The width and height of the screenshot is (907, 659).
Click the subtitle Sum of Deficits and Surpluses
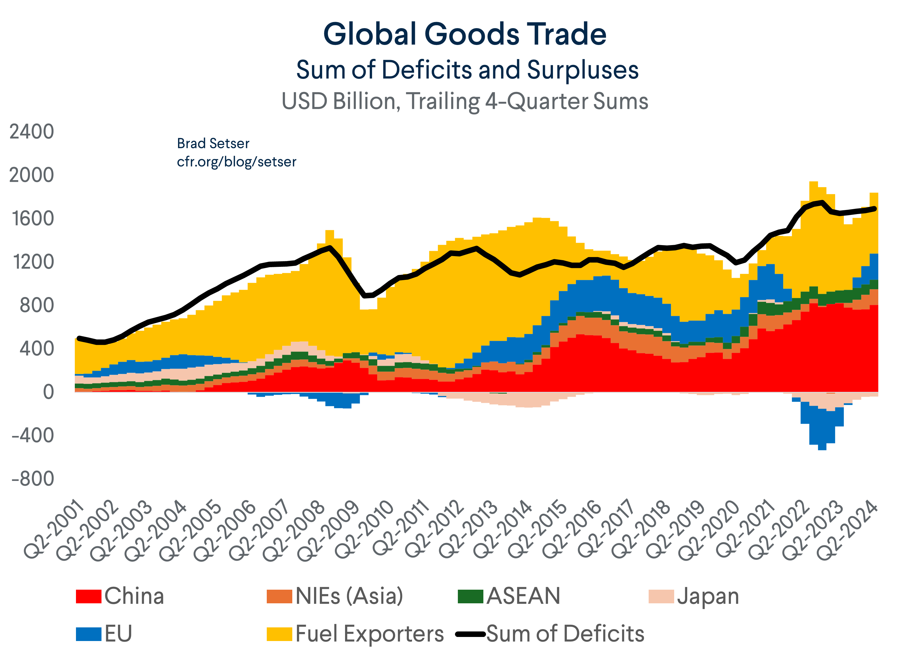(x=467, y=70)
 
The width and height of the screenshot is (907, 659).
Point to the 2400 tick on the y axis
(x=32, y=132)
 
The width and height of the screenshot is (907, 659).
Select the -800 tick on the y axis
(x=33, y=479)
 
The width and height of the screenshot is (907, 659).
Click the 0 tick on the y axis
(x=48, y=392)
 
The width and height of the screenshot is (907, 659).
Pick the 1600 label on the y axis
(x=33, y=219)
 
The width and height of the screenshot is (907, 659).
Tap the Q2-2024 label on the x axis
(x=847, y=531)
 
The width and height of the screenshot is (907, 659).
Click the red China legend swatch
(x=88, y=596)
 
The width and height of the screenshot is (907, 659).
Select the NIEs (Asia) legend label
(x=349, y=596)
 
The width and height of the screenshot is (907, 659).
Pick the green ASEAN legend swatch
(x=470, y=596)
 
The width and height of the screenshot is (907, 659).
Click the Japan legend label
(x=708, y=596)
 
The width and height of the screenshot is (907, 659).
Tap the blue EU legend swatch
(x=88, y=634)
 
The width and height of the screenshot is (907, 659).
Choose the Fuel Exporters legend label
(x=369, y=634)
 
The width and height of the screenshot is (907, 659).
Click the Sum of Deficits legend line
(x=470, y=634)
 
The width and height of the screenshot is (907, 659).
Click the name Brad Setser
(x=213, y=143)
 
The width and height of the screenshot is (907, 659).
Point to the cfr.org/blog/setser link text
(x=236, y=162)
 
